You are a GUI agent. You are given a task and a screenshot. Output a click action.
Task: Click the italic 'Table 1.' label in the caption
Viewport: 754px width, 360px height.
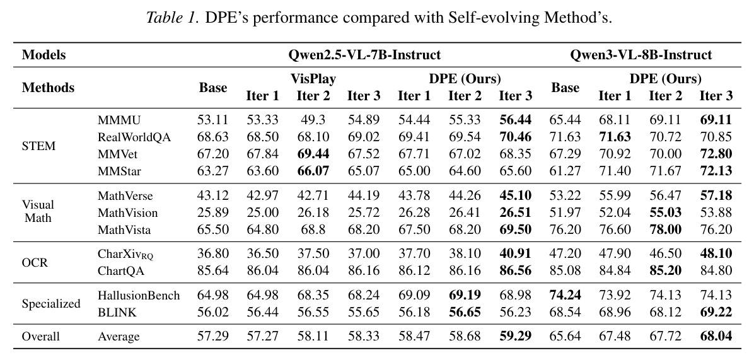pos(173,18)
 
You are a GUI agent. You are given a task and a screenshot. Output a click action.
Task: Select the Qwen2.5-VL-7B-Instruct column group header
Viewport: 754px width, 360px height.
pos(364,55)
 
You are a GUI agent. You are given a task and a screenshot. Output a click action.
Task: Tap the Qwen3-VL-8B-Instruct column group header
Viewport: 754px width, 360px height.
pos(641,55)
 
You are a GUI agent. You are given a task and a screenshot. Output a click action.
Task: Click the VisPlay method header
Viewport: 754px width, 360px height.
pos(313,79)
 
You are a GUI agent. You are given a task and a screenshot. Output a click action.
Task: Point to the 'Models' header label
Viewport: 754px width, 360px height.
pos(43,55)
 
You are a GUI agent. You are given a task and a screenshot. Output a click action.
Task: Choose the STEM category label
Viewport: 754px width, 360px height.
pos(39,146)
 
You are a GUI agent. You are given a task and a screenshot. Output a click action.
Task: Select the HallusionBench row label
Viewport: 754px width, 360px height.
pos(139,296)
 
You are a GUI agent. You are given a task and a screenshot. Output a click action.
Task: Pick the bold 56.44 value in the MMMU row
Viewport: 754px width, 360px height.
pos(516,120)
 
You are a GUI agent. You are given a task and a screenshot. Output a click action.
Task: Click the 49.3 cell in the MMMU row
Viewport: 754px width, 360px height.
pos(313,120)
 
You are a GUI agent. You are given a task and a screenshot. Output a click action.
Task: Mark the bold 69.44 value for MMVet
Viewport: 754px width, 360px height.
pos(313,154)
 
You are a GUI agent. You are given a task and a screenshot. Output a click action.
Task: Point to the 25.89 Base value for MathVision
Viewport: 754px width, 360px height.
pos(212,212)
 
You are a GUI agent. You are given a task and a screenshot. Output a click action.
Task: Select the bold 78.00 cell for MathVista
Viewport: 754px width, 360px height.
pos(666,229)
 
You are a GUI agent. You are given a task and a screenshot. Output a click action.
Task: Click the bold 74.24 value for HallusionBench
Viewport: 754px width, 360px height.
pos(565,296)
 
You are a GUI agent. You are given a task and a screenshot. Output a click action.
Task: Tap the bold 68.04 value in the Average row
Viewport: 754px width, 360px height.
pos(716,336)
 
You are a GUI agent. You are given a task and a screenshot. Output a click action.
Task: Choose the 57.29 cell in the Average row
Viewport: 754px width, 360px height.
pos(212,336)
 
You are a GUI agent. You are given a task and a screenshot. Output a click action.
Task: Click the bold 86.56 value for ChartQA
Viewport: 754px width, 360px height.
pos(516,271)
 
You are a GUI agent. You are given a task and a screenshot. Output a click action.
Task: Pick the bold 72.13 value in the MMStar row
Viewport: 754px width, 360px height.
pos(716,171)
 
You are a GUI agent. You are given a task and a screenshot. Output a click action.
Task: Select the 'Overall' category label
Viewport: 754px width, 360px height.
pos(41,337)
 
